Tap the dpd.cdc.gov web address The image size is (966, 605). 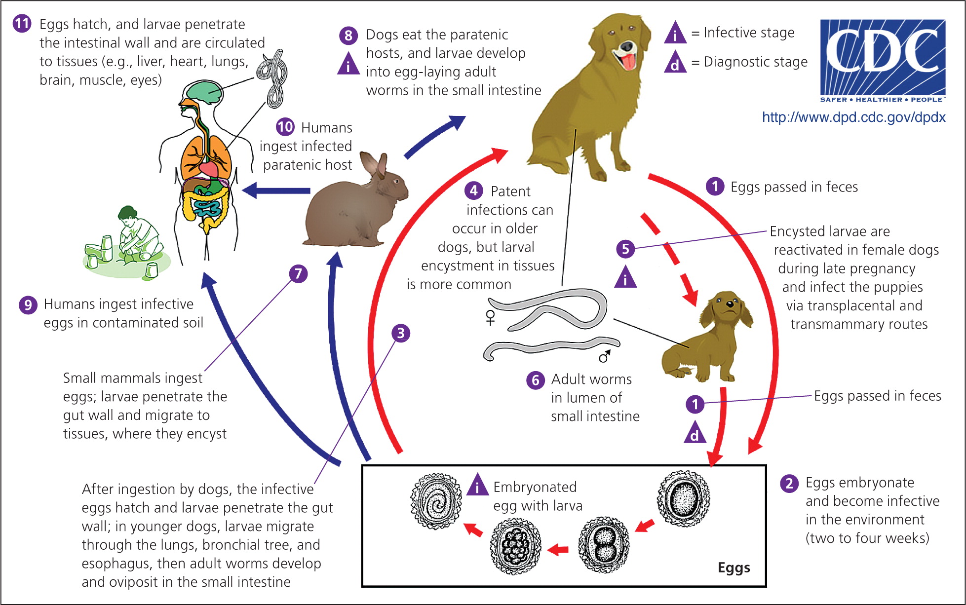point(853,117)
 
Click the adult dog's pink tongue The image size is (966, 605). point(628,62)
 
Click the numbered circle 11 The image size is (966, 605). point(22,24)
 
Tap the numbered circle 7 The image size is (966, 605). point(298,273)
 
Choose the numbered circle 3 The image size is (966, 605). point(400,333)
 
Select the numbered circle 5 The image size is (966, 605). point(625,249)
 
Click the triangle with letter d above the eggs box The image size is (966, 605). point(695,433)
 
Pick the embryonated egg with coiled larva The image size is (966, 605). point(436,501)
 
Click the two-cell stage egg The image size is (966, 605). point(603,544)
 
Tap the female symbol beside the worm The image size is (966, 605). point(490,317)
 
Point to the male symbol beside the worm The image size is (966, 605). point(604,355)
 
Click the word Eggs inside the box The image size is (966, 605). point(734,567)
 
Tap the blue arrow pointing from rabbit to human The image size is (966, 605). point(276,190)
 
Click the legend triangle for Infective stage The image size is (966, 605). point(675,34)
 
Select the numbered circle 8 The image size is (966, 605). point(348,35)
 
